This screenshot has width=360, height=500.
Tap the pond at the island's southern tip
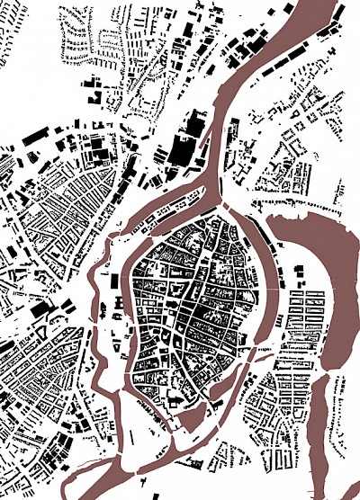192,417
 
